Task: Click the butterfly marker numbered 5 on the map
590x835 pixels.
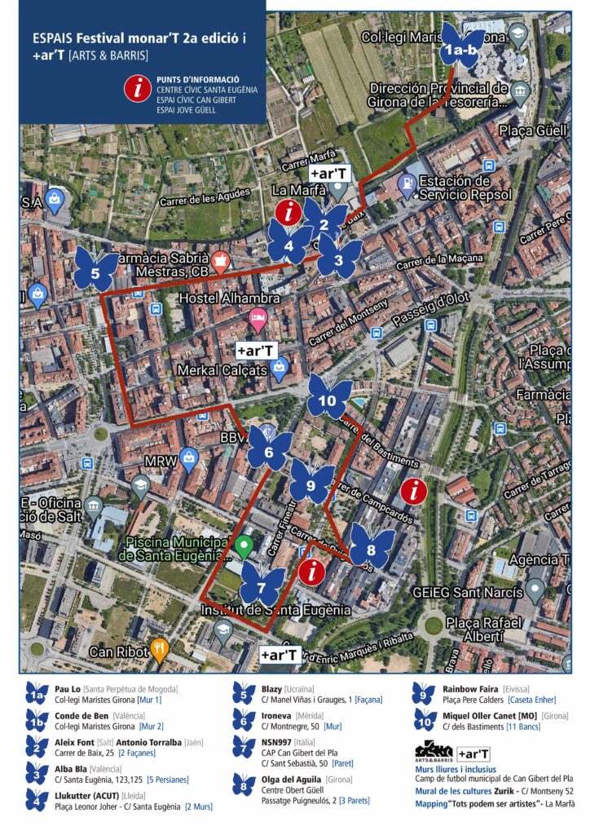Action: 96,269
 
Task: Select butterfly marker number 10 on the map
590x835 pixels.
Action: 329,397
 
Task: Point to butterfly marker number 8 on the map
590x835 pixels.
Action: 372,546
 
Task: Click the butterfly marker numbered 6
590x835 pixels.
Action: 270,449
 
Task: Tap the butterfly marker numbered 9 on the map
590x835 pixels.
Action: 310,482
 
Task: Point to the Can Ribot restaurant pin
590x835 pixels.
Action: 161,651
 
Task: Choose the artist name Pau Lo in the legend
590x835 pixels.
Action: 68,689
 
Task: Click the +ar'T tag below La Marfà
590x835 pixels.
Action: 329,174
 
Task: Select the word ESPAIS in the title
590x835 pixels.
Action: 51,38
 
